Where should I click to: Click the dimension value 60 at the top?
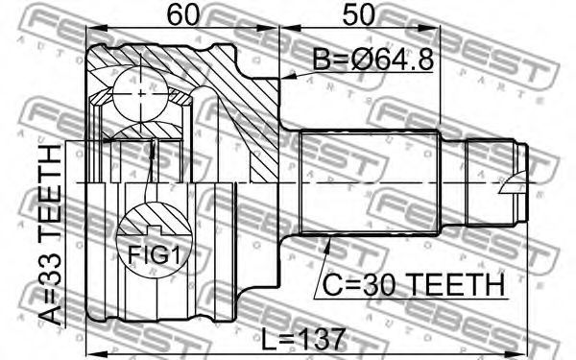(x=182, y=14)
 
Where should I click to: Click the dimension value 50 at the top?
(x=358, y=14)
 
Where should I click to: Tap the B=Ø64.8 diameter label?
(x=373, y=60)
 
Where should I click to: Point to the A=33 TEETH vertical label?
(x=50, y=235)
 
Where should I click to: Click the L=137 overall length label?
(x=303, y=339)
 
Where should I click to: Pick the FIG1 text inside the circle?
(x=155, y=255)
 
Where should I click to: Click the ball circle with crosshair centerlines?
(x=141, y=94)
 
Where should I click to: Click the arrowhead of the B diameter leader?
(x=288, y=77)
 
